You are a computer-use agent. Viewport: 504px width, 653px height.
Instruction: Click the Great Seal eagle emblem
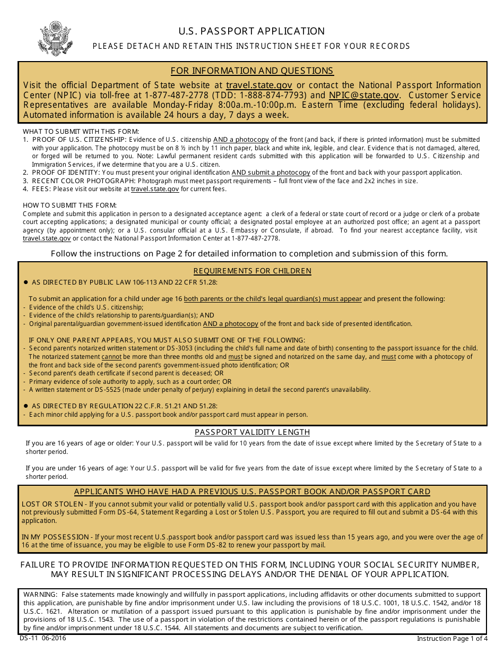click(52, 39)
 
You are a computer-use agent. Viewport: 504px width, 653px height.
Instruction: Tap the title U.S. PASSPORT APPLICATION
click(251, 31)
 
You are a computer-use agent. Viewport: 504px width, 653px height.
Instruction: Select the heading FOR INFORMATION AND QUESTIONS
click(252, 71)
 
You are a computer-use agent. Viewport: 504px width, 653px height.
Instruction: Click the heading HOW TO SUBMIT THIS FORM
click(69, 205)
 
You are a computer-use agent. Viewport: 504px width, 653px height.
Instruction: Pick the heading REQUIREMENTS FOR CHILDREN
click(252, 271)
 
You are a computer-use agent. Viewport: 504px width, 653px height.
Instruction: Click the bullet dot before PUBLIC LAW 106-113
click(25, 282)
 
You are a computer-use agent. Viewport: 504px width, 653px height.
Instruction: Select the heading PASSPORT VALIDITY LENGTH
click(252, 432)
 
